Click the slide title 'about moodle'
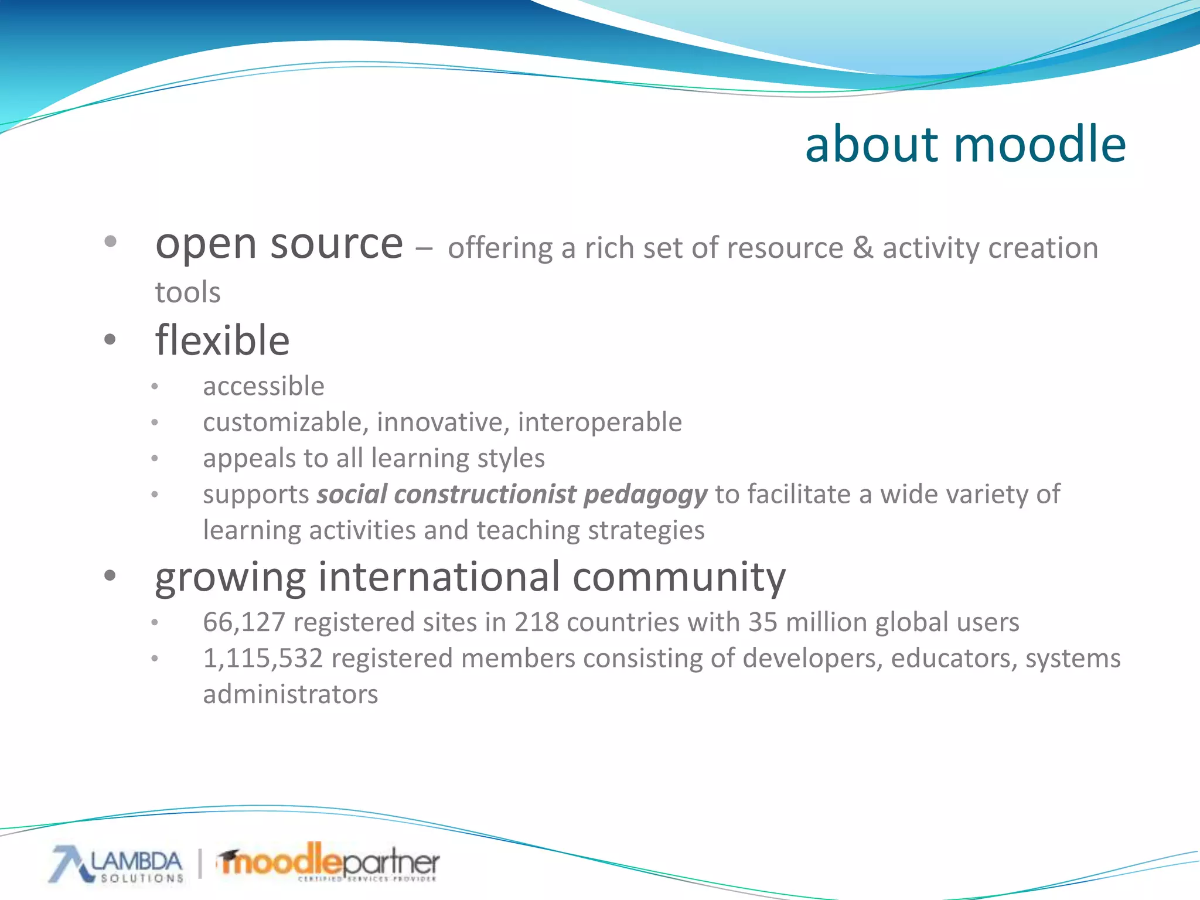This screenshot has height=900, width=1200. [x=965, y=144]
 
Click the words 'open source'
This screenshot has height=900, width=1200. [x=279, y=244]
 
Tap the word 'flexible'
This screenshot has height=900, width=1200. [x=222, y=341]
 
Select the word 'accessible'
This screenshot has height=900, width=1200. [x=264, y=387]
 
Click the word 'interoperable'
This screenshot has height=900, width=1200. [x=600, y=422]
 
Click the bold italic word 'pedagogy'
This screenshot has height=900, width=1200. [x=646, y=495]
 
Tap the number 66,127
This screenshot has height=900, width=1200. [x=244, y=622]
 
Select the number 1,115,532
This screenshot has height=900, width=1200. [x=263, y=659]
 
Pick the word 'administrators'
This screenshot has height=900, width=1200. [x=291, y=695]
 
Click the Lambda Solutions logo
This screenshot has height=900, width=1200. [x=117, y=864]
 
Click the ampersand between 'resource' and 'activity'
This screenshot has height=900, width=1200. [x=862, y=248]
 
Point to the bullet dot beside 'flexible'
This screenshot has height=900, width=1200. [x=110, y=339]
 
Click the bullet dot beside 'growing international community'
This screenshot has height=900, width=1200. [x=110, y=575]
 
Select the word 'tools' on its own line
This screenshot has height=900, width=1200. [x=187, y=292]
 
